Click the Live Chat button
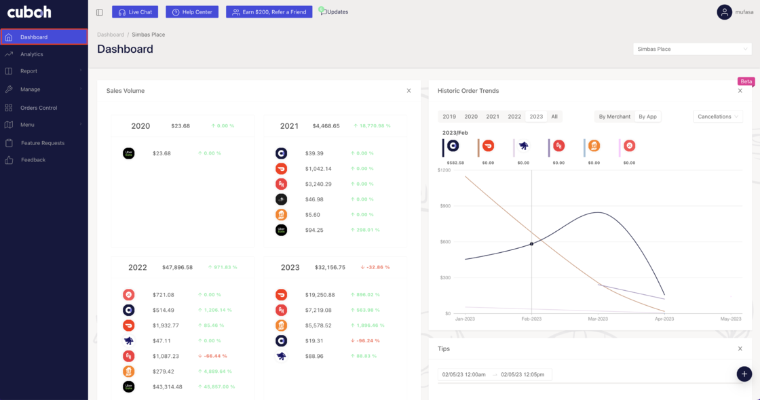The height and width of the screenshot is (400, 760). coord(134,12)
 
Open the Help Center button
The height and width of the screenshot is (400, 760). coord(192,12)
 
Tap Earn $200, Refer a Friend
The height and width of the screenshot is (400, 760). coord(269,12)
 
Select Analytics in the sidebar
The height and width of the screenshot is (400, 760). coord(31,54)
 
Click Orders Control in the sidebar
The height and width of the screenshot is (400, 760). coord(39,108)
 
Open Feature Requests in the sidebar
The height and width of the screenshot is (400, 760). coord(42,143)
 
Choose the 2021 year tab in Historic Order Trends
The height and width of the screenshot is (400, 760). coord(493,117)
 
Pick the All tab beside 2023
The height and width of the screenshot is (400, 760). coord(554,117)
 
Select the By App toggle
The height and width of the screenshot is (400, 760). coord(647,117)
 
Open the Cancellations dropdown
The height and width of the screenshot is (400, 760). coord(718,117)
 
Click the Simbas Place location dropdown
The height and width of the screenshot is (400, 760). coord(691,49)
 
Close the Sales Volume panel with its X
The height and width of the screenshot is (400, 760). coord(408,91)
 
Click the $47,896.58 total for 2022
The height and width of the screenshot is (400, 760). coord(177,267)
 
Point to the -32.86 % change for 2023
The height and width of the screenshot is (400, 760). coord(375,267)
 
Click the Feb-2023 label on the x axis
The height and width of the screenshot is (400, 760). coord(531,319)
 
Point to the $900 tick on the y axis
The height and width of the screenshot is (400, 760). coord(444,205)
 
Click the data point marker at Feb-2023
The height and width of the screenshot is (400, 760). coord(531,243)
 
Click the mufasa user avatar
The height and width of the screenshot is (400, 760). coord(725,12)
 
